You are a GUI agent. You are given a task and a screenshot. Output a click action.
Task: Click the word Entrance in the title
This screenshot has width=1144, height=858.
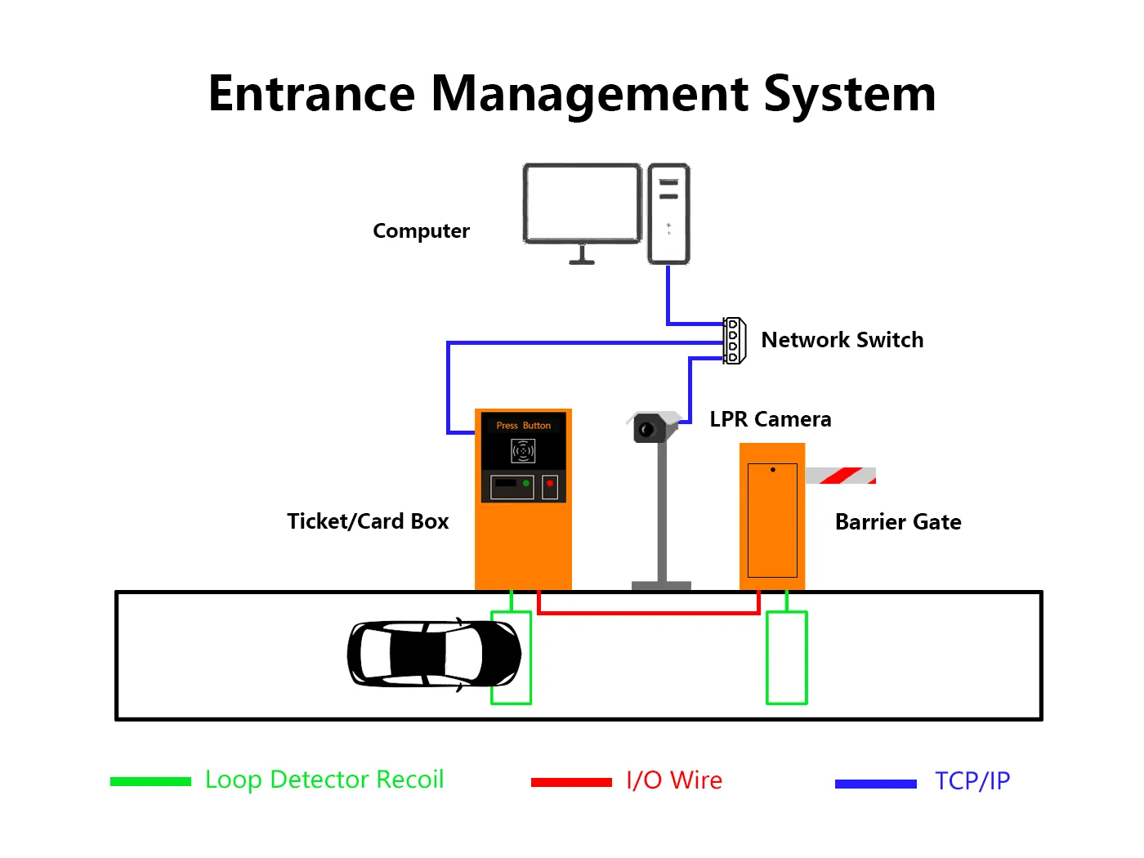coord(311,94)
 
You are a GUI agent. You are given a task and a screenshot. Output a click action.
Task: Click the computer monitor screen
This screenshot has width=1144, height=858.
coord(582,203)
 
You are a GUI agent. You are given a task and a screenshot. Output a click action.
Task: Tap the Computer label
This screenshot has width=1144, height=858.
coord(421,231)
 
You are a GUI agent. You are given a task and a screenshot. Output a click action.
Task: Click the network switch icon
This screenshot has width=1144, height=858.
coord(734,341)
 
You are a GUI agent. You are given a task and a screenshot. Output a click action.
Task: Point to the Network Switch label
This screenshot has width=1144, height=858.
coord(842,340)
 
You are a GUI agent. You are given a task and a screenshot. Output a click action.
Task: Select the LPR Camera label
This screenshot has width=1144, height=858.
coord(770,419)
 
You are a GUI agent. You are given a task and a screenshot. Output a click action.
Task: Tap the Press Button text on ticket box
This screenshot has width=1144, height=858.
coord(523,426)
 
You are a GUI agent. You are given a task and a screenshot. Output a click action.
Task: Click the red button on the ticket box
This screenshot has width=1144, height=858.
coord(550,484)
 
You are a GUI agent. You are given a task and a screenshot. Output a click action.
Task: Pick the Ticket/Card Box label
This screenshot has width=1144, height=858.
coord(368,521)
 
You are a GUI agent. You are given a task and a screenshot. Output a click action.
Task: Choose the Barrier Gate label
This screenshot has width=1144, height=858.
coord(897,522)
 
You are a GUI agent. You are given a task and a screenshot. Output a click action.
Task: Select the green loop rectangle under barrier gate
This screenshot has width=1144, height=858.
coord(786,658)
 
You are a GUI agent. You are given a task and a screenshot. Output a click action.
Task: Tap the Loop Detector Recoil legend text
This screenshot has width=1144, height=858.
coord(324,780)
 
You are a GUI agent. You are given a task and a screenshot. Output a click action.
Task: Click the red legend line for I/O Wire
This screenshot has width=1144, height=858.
coord(570,782)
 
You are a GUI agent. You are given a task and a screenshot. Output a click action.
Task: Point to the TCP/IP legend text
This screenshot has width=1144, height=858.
coord(972,781)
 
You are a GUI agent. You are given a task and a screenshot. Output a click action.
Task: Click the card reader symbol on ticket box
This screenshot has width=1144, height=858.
coord(523,450)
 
